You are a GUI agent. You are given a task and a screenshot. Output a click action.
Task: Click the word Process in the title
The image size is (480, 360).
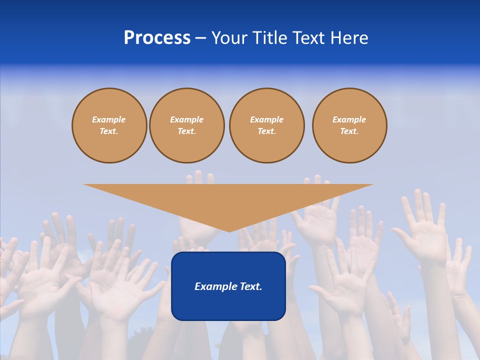(157, 38)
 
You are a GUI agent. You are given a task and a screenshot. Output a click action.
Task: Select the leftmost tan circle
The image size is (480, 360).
(109, 125)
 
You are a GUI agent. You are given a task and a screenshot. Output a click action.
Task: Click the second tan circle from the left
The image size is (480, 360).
(187, 125)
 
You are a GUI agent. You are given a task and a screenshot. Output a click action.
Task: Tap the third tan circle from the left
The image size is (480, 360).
(266, 125)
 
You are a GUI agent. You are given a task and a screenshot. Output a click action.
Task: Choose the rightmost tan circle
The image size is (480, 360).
(349, 125)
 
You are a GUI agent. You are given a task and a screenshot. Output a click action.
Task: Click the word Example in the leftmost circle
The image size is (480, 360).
(109, 119)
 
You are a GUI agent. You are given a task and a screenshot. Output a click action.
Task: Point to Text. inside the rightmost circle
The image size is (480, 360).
(349, 131)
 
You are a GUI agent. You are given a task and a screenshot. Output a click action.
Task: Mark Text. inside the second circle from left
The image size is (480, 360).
(187, 131)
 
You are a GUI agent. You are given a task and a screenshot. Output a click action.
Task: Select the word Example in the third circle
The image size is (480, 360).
(266, 119)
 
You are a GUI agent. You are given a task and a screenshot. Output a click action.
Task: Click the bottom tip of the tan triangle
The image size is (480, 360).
(229, 230)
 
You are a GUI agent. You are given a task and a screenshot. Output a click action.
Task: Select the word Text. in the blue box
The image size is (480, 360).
(250, 286)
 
